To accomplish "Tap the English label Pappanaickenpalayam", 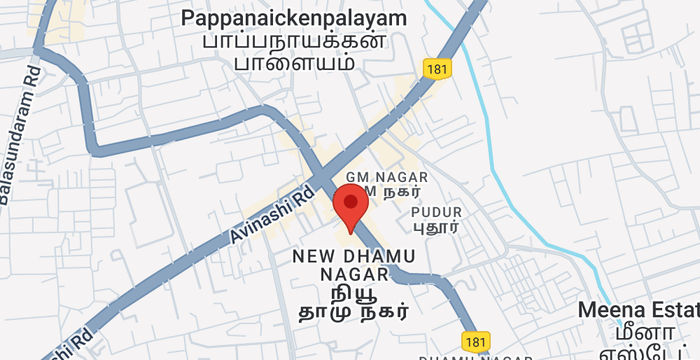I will [x=294, y=18].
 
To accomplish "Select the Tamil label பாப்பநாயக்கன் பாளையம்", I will [x=294, y=51].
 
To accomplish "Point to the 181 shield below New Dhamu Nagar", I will [x=475, y=341].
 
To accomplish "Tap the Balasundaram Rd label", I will [x=19, y=134].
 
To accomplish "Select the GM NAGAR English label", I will [x=379, y=177].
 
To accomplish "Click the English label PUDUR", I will [x=436, y=212].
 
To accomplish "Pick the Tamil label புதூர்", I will [x=436, y=227].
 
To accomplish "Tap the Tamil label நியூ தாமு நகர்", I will [x=354, y=302].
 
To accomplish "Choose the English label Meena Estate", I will [x=640, y=311].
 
